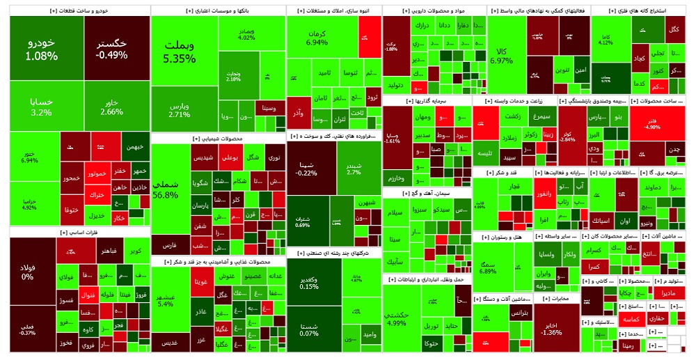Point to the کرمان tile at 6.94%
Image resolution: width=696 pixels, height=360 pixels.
(x=317, y=38)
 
